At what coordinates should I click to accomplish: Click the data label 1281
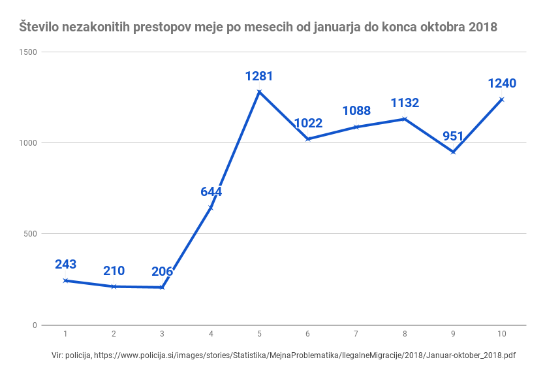pos(259,76)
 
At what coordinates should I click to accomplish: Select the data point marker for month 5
pos(259,91)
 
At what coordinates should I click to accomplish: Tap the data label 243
pos(65,265)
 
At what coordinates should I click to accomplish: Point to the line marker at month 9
pos(453,152)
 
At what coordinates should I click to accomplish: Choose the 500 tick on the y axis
pos(29,234)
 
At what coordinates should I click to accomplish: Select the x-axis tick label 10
pos(501,334)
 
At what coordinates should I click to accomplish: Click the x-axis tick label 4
pos(211,334)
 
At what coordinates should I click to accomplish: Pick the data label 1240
pos(502,84)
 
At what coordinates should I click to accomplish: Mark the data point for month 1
pos(65,280)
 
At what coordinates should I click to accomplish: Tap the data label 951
pos(453,137)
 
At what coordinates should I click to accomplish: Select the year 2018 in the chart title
pos(482,27)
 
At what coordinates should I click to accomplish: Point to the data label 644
pos(211,192)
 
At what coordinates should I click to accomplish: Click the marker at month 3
pos(162,288)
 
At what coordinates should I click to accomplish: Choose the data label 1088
pos(356,111)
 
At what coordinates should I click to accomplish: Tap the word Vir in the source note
pos(58,355)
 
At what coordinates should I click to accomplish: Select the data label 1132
pos(405,103)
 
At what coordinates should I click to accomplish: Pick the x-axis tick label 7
pos(356,334)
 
